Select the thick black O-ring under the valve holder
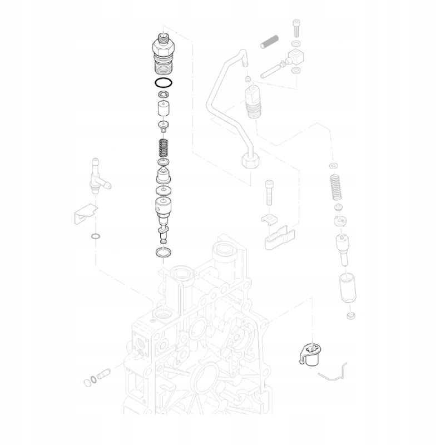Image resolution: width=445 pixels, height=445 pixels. click(163, 84)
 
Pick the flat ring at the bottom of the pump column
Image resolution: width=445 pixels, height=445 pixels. click(163, 254)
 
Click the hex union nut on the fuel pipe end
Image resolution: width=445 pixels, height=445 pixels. click(251, 162)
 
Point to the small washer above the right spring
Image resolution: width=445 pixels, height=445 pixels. click(333, 166)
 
